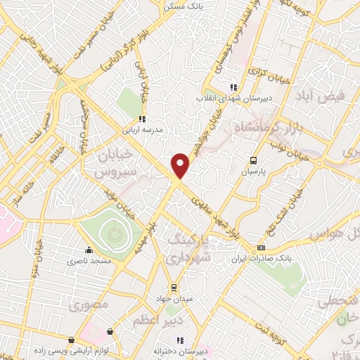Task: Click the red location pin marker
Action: point(181,165)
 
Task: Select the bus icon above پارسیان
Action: point(254,160)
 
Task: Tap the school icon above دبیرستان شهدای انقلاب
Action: point(233,87)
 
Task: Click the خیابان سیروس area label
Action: point(113,162)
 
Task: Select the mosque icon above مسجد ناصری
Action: point(88,250)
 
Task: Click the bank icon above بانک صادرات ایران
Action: point(262,247)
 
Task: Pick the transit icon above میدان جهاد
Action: point(174,288)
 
